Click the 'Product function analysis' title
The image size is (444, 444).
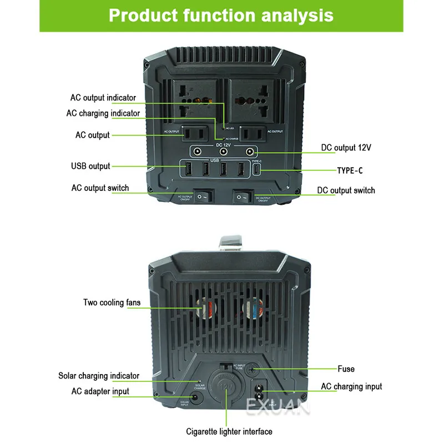coord(221,15)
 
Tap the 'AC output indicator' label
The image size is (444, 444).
coord(103,98)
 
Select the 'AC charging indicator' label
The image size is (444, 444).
coord(103,113)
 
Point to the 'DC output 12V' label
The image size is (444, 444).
coord(346,148)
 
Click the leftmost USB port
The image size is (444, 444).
coord(188,169)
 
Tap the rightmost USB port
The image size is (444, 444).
coord(241,169)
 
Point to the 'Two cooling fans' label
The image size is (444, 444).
coord(112,302)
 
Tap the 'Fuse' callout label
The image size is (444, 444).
coord(346,369)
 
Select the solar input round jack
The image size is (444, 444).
coord(195,398)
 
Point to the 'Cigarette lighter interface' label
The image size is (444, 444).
coord(229,431)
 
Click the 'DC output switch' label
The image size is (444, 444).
coord(346,190)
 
